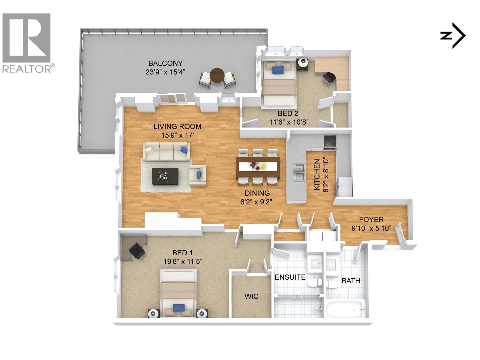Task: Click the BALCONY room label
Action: pyautogui.click(x=165, y=63)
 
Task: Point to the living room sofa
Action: pyautogui.click(x=166, y=151)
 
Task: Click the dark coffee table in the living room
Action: pyautogui.click(x=165, y=176)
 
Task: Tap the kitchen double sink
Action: pyautogui.click(x=299, y=172)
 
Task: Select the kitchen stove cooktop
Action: pyautogui.click(x=330, y=142)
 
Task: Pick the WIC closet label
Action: pyautogui.click(x=251, y=296)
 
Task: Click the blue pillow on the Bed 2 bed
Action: pyautogui.click(x=278, y=70)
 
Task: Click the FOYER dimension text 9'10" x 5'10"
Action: pyautogui.click(x=371, y=228)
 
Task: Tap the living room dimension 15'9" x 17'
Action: pyautogui.click(x=177, y=135)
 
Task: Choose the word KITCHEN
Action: pyautogui.click(x=317, y=175)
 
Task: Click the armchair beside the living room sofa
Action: pyautogui.click(x=197, y=175)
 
